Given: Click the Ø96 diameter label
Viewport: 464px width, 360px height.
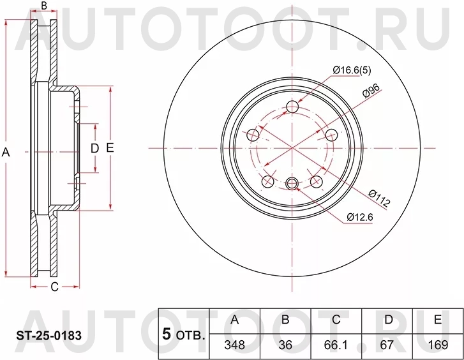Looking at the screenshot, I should tap(371, 91).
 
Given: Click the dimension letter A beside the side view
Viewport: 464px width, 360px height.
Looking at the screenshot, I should tap(7, 152).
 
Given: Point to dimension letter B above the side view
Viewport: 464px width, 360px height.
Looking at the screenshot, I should tap(44, 7).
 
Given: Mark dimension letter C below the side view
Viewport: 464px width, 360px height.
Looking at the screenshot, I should tap(54, 287).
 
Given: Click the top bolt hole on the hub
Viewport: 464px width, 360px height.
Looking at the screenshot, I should tap(292, 107).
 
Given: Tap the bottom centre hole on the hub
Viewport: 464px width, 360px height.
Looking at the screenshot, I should tap(292, 184).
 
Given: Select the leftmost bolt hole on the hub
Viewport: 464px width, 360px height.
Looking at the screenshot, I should tap(253, 135).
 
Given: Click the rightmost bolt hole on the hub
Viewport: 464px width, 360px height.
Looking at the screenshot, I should tap(331, 135).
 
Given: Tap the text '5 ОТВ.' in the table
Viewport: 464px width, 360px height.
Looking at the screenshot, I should tap(184, 334).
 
